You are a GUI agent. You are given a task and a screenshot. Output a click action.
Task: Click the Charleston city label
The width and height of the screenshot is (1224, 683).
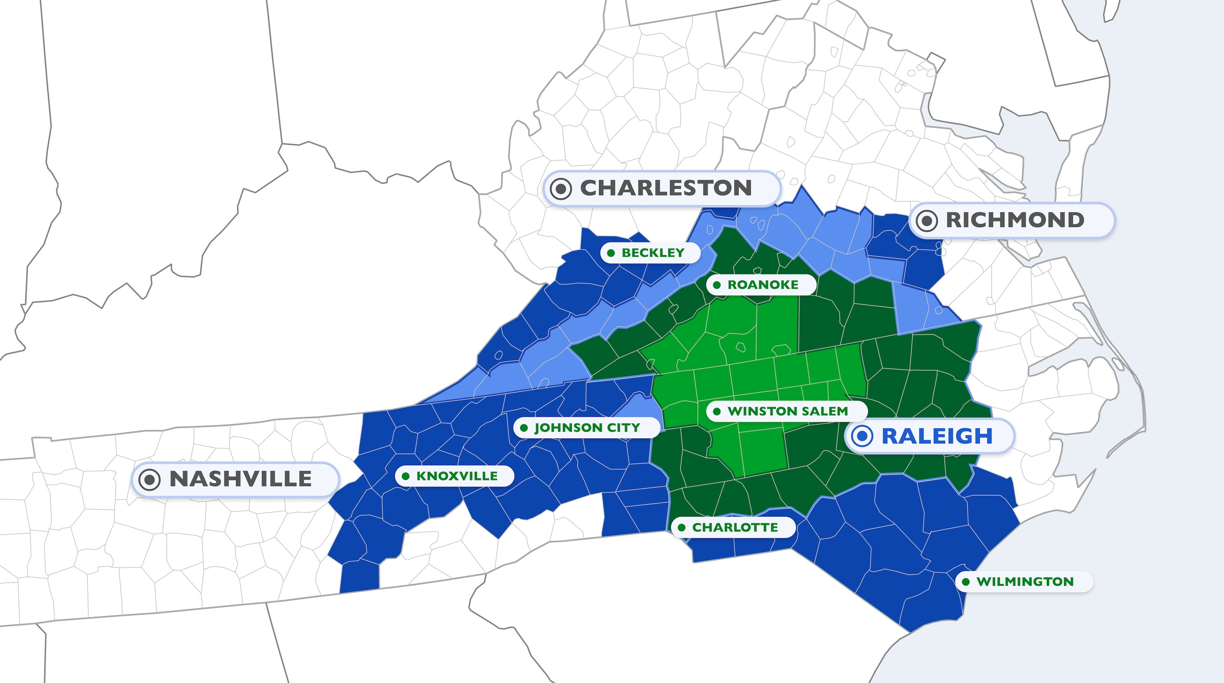coord(665,188)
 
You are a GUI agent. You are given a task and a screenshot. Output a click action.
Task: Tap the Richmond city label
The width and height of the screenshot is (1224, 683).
coord(1015,220)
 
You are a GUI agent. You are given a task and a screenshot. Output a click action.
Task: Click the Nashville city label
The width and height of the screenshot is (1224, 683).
coord(240,479)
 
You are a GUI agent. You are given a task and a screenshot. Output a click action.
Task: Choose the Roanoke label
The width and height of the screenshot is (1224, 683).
coord(763,285)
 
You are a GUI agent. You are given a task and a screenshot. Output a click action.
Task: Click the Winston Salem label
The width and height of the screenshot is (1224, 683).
coord(787,411)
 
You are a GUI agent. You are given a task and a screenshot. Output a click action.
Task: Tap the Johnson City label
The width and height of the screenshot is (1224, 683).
coord(587,428)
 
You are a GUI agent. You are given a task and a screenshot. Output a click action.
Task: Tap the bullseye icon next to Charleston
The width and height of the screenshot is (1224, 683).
coord(561,189)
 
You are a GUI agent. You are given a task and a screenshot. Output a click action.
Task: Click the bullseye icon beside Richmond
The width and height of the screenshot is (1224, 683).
coord(926,221)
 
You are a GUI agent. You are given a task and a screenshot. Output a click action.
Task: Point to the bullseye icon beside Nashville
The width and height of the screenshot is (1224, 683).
coord(149,479)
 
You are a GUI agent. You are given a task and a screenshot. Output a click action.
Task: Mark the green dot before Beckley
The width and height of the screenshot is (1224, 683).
coord(611,253)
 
